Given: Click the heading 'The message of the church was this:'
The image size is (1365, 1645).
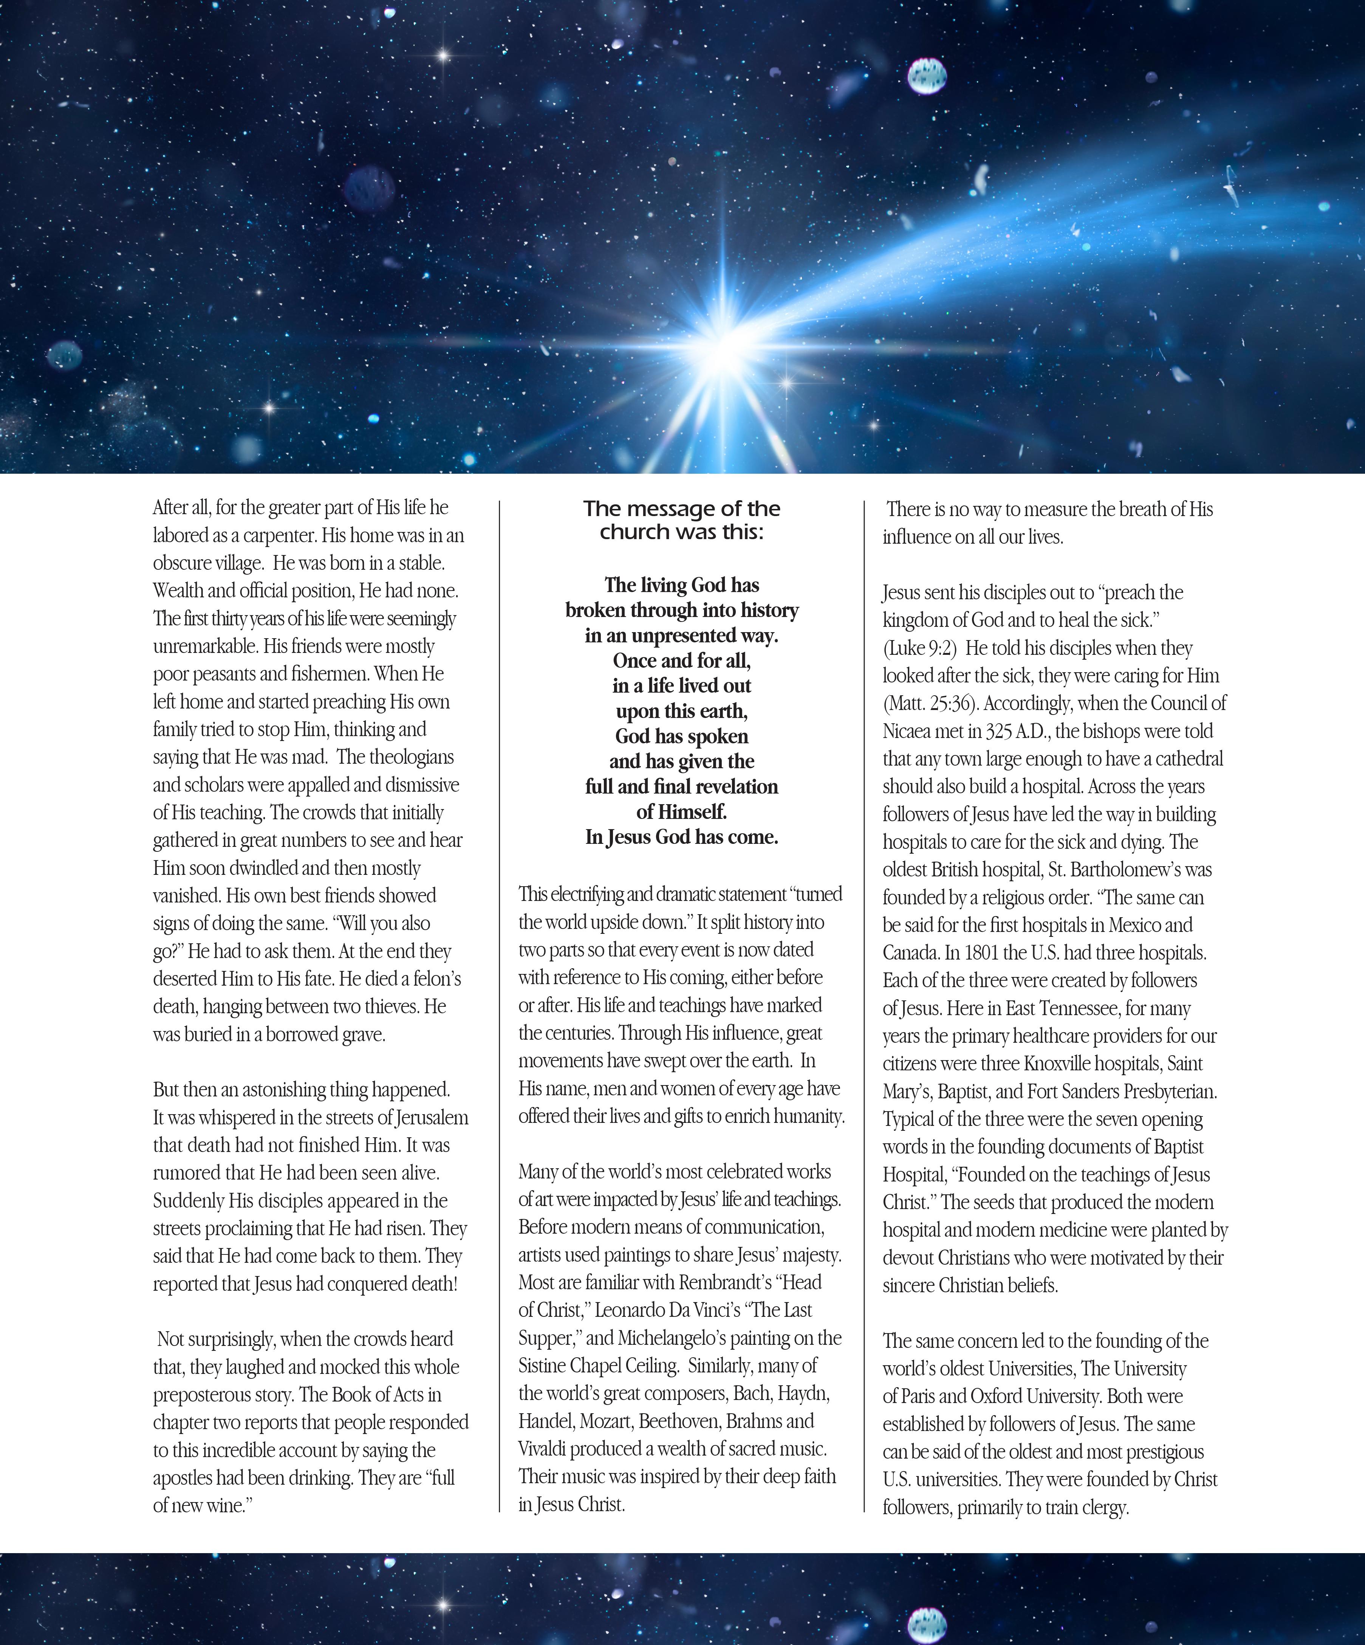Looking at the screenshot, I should point(681,520).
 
